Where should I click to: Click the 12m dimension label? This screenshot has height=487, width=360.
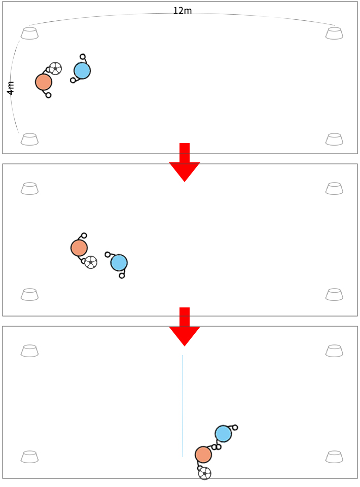click(x=183, y=11)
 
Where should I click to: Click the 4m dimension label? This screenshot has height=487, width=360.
click(x=11, y=88)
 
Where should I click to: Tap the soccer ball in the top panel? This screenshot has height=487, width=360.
click(x=55, y=68)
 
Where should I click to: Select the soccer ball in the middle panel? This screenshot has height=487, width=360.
click(x=91, y=262)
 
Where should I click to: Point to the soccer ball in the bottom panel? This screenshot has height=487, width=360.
click(x=204, y=473)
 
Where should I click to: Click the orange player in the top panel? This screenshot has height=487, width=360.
click(x=44, y=82)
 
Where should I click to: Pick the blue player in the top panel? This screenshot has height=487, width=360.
click(x=82, y=71)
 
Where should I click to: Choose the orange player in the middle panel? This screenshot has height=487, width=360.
click(x=79, y=248)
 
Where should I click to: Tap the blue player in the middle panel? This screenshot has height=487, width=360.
click(x=119, y=263)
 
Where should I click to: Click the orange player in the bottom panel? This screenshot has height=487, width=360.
click(x=203, y=455)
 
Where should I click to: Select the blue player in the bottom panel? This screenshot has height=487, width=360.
click(x=224, y=434)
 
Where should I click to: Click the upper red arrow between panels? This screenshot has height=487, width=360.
click(x=185, y=162)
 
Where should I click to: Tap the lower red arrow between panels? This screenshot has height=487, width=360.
click(x=185, y=327)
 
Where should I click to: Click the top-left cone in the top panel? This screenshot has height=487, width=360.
click(x=29, y=33)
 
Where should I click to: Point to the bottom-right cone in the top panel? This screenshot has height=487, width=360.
click(x=334, y=139)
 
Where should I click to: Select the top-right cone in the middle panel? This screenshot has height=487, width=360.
click(x=334, y=189)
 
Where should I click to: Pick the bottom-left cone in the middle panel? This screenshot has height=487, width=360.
click(x=29, y=294)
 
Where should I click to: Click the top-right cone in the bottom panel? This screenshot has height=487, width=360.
click(x=334, y=351)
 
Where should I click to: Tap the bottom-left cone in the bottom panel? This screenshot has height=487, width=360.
click(x=29, y=457)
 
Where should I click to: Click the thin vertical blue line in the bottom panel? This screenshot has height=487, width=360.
click(x=183, y=406)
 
